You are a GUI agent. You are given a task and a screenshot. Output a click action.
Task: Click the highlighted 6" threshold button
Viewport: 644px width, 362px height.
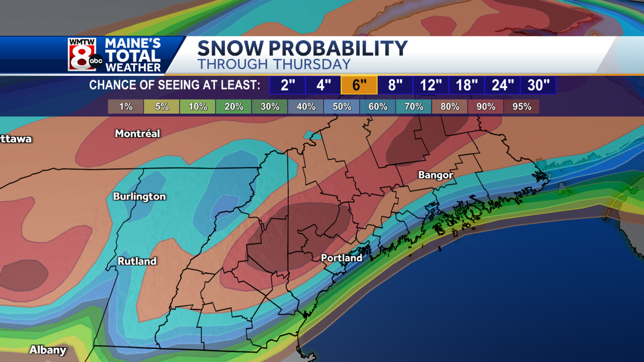359,85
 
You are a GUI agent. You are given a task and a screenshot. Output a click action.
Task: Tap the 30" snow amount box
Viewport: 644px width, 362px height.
538,85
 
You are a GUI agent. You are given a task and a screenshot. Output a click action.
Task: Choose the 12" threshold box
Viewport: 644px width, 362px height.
430,85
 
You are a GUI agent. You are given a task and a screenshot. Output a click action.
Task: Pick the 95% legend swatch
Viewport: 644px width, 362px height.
522,107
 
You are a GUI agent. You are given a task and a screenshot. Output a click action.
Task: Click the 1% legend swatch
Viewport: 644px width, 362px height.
126,107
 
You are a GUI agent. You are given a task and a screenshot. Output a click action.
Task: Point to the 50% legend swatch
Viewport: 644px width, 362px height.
342,107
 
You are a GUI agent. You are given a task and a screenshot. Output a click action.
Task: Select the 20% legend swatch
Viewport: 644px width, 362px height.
234,107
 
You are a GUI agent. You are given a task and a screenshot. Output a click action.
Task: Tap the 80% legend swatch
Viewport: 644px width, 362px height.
450,107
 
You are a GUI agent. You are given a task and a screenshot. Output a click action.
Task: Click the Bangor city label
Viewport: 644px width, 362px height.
436,175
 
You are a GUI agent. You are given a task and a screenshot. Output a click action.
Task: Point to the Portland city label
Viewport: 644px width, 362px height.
341,258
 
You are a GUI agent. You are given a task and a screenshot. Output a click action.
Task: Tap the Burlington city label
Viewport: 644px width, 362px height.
140,197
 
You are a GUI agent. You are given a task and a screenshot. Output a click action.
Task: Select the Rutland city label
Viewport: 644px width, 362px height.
137,261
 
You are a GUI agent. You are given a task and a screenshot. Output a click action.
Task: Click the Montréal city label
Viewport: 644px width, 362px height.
137,134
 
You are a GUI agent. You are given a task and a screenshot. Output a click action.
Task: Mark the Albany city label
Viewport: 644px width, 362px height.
48,350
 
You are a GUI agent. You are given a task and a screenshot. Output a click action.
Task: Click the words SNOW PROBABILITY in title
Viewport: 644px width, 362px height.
303,48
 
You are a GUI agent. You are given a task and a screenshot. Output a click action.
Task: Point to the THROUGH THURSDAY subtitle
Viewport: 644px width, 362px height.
274,64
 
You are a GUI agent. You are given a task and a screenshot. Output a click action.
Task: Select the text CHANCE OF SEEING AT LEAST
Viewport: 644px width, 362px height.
175,85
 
